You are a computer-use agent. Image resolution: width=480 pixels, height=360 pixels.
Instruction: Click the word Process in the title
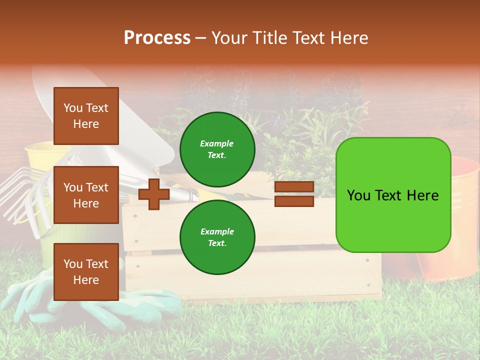[157, 38]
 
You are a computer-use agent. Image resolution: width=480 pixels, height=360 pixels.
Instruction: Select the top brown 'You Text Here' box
[86, 116]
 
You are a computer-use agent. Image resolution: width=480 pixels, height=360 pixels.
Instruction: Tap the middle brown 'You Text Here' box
[86, 195]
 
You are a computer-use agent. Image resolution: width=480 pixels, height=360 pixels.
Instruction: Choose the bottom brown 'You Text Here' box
[86, 272]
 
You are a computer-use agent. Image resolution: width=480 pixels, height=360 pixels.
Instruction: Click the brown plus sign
[154, 194]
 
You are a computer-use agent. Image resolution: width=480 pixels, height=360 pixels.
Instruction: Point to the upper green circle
[217, 149]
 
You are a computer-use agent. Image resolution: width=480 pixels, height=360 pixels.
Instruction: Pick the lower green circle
[217, 237]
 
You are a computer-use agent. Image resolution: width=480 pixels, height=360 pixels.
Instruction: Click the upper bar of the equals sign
[294, 187]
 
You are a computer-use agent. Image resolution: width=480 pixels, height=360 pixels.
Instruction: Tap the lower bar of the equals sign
[294, 201]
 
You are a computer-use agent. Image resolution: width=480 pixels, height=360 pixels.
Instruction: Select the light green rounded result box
[393, 195]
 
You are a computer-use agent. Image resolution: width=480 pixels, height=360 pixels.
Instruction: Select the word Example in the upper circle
[217, 143]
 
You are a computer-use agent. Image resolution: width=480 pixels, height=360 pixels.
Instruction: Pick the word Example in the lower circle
[217, 231]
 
